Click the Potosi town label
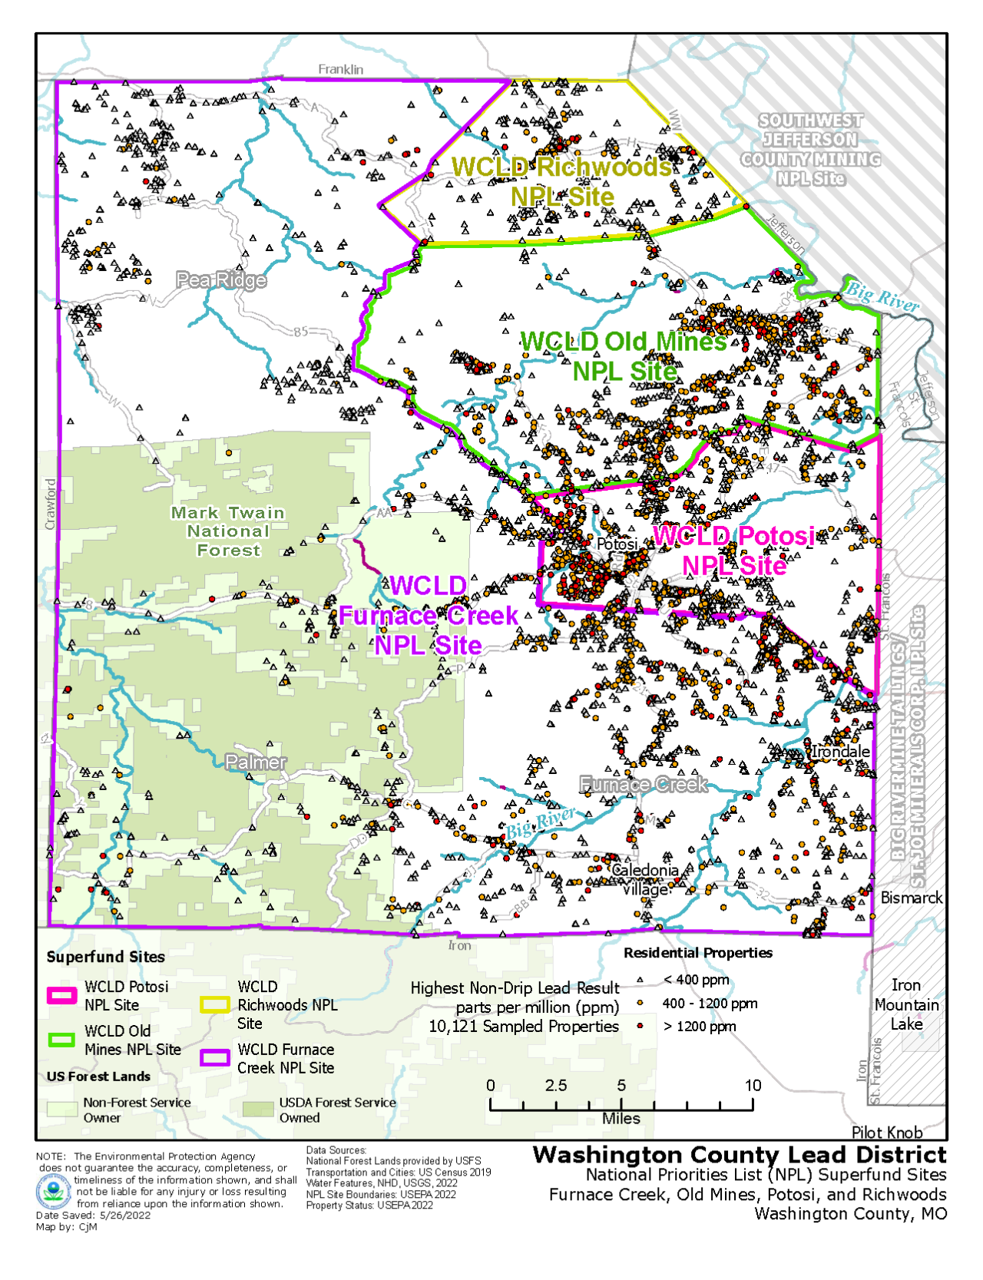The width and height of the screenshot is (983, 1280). coord(617,544)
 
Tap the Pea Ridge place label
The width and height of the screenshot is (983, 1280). coord(221,280)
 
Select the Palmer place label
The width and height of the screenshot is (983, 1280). coord(256,762)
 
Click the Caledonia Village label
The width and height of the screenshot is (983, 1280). coord(644,879)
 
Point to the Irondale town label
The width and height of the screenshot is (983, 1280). coord(841,751)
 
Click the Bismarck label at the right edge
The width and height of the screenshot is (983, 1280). coord(911,898)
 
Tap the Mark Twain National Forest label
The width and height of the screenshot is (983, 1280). coord(227,531)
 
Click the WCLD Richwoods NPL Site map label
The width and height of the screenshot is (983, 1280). coord(561,181)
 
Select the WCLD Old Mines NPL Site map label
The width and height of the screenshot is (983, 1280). coord(624,356)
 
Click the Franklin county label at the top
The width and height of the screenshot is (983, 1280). coord(341,69)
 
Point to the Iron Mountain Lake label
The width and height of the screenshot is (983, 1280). coord(906,1004)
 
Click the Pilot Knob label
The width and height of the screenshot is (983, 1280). coord(887,1132)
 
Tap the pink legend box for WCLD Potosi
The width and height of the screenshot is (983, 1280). coord(61,996)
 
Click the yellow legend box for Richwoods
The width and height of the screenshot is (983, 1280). coord(215,1004)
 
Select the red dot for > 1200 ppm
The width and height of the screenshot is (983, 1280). coord(640,1026)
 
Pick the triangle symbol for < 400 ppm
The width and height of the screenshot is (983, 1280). coord(640,980)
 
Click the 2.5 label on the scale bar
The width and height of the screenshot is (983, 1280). coord(556,1085)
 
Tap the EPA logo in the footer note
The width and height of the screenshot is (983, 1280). coord(53,1192)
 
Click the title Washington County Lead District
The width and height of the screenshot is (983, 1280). coord(740,1155)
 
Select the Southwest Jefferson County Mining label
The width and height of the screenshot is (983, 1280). coord(810,150)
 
